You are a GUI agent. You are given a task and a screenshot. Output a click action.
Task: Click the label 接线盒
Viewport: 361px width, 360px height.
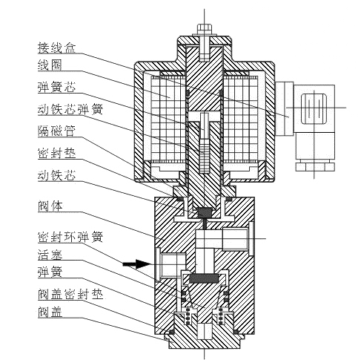tap(56, 47)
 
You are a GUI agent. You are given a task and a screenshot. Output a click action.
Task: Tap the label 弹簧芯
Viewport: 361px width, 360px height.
tap(55, 87)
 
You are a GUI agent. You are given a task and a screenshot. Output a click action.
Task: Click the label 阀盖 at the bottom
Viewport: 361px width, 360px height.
tap(49, 312)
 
